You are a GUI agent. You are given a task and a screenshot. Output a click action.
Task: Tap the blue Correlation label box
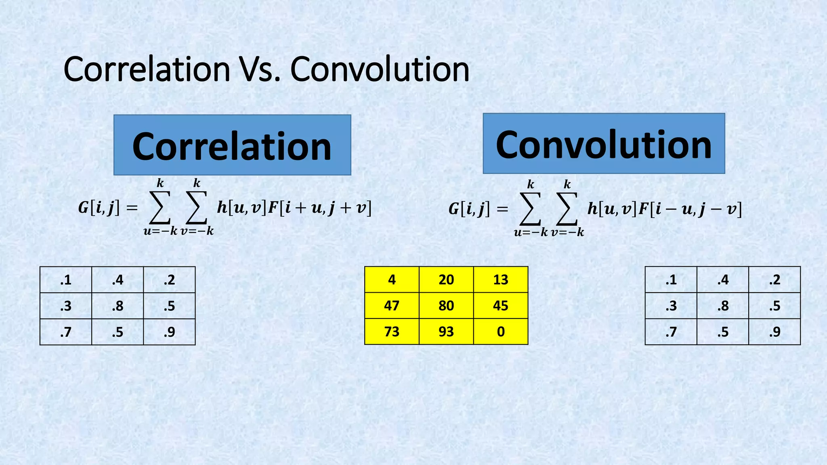pyautogui.click(x=232, y=145)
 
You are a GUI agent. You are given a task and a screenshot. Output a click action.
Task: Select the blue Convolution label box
pyautogui.click(x=604, y=143)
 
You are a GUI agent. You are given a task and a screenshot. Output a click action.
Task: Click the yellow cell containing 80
pyautogui.click(x=446, y=306)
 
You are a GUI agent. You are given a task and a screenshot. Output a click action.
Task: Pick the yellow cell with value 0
pyautogui.click(x=501, y=331)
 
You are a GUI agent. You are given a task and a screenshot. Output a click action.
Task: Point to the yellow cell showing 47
pyautogui.click(x=392, y=306)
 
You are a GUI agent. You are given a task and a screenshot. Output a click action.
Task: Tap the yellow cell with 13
pyautogui.click(x=501, y=279)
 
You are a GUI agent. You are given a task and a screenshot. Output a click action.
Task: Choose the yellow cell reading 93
pyautogui.click(x=446, y=331)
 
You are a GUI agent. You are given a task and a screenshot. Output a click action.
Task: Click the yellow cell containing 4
pyautogui.click(x=392, y=279)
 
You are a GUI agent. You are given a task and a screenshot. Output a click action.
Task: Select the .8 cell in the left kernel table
pyautogui.click(x=118, y=306)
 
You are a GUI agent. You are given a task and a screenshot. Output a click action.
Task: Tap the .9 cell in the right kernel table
pyautogui.click(x=775, y=332)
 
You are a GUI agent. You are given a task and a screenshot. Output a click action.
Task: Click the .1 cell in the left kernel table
pyautogui.click(x=66, y=280)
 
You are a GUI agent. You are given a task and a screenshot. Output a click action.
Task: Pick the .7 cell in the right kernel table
pyautogui.click(x=671, y=332)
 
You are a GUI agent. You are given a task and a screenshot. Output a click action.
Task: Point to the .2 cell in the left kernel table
pyautogui.click(x=169, y=280)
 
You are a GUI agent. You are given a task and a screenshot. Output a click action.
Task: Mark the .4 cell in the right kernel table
pyautogui.click(x=723, y=280)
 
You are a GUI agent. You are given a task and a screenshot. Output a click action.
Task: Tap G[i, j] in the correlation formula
pyautogui.click(x=99, y=208)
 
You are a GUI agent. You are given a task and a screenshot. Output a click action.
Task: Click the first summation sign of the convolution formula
pyautogui.click(x=530, y=209)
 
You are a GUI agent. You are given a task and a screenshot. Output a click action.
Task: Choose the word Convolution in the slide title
pyautogui.click(x=380, y=69)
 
